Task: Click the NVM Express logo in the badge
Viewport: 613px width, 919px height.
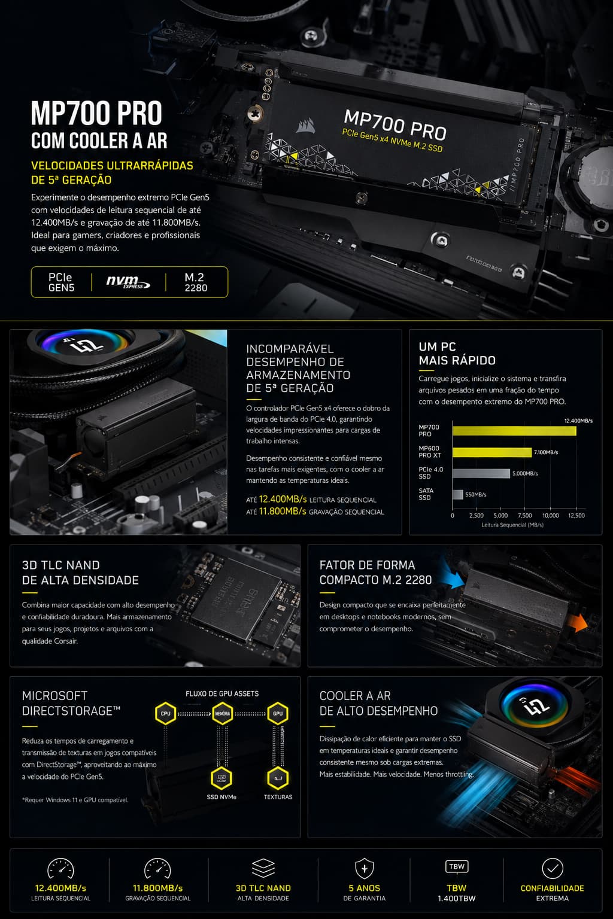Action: (128, 282)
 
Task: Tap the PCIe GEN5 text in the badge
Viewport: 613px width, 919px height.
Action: (61, 282)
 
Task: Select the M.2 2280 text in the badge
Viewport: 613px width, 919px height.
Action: (195, 282)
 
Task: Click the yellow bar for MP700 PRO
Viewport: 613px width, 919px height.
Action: (514, 431)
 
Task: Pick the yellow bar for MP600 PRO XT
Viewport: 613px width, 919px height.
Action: (492, 452)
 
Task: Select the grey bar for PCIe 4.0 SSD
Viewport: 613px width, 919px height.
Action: (481, 473)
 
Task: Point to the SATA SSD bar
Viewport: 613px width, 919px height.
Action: (458, 495)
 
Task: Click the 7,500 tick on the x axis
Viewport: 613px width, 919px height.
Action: (525, 516)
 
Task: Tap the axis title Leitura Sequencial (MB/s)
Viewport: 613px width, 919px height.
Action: (512, 525)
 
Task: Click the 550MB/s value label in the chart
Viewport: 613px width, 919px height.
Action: (475, 495)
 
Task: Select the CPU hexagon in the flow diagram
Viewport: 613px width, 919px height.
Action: (165, 713)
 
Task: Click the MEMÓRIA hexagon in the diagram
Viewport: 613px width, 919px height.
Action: (222, 713)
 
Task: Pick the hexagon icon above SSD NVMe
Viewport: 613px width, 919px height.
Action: (221, 778)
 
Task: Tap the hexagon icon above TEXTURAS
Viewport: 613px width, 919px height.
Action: (278, 778)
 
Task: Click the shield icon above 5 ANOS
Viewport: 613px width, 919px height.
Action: (364, 869)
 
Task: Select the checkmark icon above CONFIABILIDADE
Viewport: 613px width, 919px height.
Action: (552, 868)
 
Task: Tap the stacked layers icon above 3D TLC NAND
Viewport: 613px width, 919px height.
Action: (263, 868)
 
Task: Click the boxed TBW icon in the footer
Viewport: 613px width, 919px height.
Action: (457, 866)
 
